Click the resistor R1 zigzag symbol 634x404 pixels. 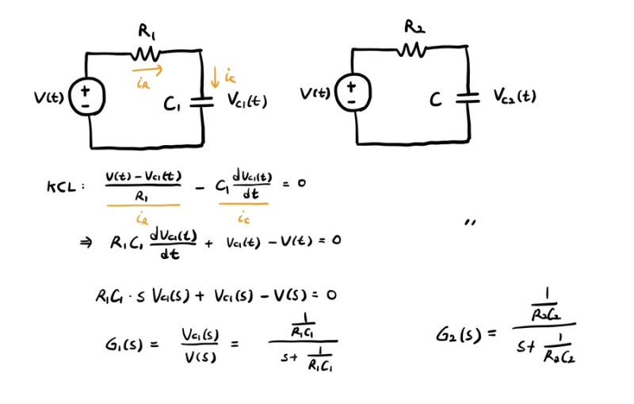[146, 53]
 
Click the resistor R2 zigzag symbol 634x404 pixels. [411, 49]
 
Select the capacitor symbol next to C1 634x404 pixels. [204, 101]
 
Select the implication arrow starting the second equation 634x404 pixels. [86, 242]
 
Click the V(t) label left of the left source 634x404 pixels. [49, 98]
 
